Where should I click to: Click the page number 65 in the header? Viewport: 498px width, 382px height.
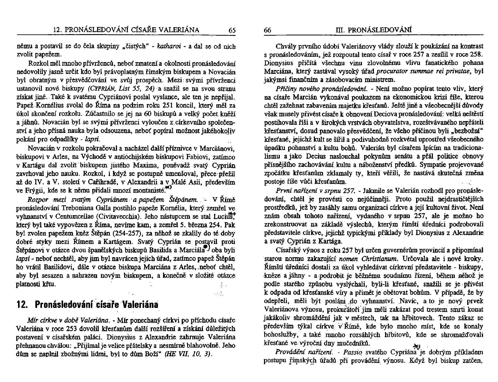pyautogui.click(x=232, y=30)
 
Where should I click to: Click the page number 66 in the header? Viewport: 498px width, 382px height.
pyautogui.click(x=268, y=30)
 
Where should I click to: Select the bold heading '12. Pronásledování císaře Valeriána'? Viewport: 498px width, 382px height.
pyautogui.click(x=87, y=305)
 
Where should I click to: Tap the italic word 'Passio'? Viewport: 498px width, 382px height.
pyautogui.click(x=352, y=352)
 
